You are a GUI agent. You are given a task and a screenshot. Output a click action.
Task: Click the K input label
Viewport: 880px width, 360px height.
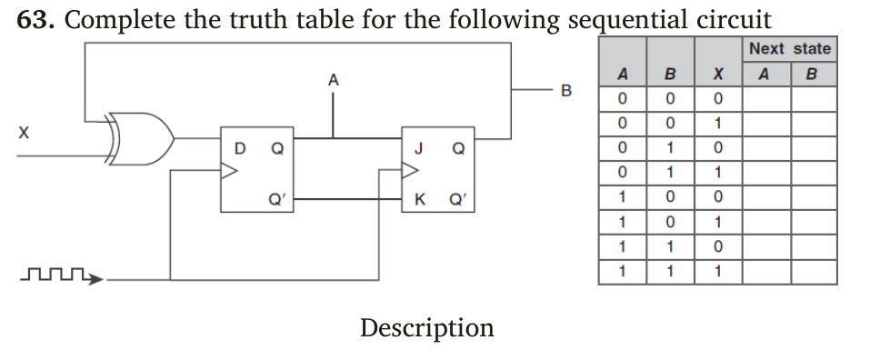pos(418,200)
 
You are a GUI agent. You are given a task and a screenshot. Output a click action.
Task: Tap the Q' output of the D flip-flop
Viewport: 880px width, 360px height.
pos(274,200)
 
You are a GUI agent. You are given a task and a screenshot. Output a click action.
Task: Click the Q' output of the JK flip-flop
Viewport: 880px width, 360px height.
pos(459,200)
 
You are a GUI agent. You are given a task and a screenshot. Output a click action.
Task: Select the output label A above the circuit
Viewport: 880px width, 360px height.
pos(333,80)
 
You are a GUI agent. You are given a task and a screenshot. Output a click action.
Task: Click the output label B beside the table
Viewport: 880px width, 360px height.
pos(567,91)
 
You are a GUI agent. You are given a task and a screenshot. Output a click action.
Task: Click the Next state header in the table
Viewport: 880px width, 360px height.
pos(789,49)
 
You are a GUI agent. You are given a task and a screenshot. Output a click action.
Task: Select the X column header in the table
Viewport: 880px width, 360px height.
pos(718,75)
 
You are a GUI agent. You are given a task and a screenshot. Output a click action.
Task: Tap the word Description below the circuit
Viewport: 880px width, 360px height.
pos(426,327)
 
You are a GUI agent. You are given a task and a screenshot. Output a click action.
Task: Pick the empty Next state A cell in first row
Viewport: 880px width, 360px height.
pos(765,97)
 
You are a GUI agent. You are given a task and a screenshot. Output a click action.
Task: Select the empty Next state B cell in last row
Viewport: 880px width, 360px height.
pos(813,271)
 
